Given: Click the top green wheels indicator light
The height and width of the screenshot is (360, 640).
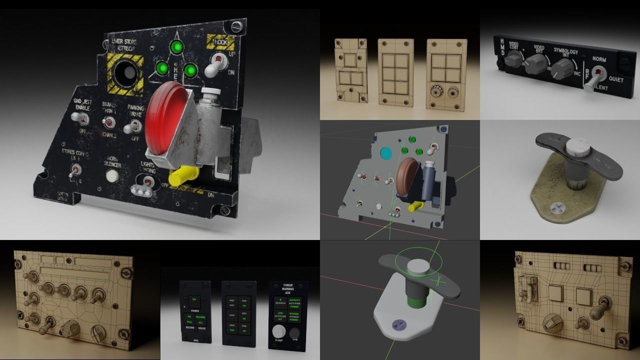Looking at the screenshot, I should (175, 48).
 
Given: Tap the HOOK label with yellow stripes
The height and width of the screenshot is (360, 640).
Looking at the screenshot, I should (220, 42).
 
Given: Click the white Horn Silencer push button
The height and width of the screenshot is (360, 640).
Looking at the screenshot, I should (112, 175).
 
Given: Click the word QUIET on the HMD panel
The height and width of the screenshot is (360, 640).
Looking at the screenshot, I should (616, 79).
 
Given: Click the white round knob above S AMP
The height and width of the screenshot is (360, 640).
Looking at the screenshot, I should (278, 331).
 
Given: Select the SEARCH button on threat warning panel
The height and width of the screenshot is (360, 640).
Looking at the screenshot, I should (280, 301).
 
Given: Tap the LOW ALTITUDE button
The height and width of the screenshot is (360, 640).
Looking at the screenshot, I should (280, 316).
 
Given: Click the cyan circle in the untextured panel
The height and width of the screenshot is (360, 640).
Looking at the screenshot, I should (385, 152).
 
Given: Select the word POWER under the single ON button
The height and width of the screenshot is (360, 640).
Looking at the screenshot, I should (194, 310).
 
